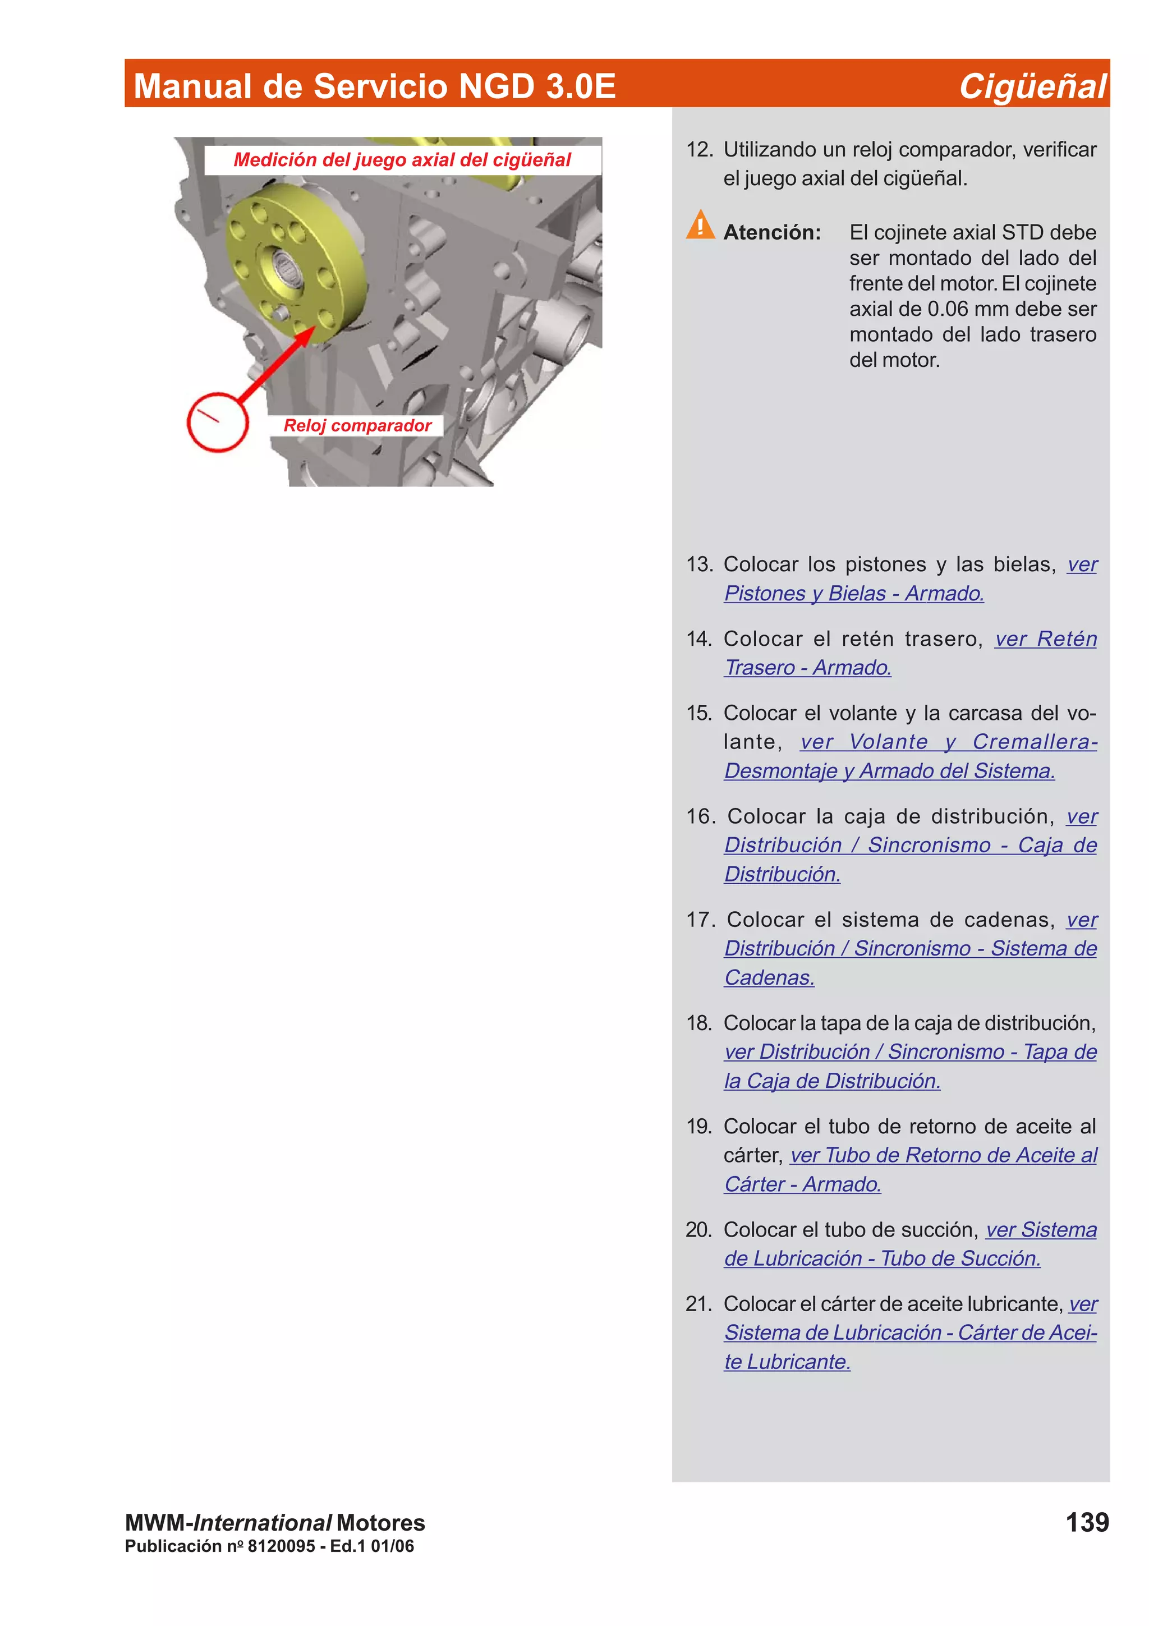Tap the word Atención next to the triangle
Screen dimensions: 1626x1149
(771, 232)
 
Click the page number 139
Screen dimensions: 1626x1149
(1087, 1523)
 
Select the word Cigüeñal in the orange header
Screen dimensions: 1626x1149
(1032, 86)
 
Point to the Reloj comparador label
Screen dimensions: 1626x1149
(357, 426)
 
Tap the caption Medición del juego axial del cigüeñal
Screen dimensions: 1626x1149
(402, 160)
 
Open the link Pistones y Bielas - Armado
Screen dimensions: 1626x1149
(854, 594)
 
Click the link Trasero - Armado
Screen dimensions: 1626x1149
(807, 668)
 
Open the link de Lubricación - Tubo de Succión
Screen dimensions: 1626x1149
(882, 1258)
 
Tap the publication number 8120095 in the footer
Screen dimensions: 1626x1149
(281, 1546)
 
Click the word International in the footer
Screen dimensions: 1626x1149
(262, 1523)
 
